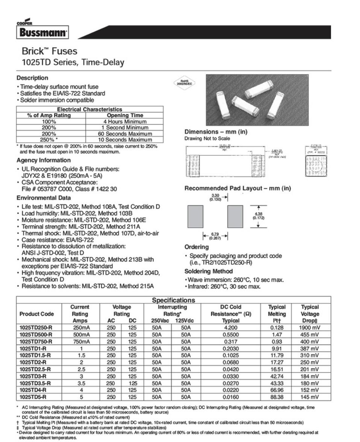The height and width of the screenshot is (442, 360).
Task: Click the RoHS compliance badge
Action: click(184, 82)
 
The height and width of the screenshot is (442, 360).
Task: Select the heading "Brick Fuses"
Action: click(49, 51)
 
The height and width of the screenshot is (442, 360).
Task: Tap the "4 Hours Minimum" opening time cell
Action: click(125, 121)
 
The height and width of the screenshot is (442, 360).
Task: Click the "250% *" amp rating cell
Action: click(49, 139)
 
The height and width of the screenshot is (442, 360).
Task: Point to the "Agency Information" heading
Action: click(44, 160)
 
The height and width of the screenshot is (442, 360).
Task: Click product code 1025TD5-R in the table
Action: click(33, 397)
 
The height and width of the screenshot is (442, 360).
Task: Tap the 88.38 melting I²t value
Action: click(277, 397)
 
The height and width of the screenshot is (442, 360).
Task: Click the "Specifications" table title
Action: click(173, 300)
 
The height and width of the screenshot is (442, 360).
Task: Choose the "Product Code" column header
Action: click(37, 314)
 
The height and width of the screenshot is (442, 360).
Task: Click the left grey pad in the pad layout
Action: click(195, 216)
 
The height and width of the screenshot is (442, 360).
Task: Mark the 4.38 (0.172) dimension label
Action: click(259, 215)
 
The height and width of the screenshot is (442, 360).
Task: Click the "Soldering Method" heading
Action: click(209, 271)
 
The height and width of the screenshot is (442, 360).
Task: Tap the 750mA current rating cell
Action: click(80, 341)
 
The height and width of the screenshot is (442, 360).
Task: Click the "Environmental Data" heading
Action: click(44, 198)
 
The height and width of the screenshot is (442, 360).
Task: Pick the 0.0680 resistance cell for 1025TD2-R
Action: click(231, 362)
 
